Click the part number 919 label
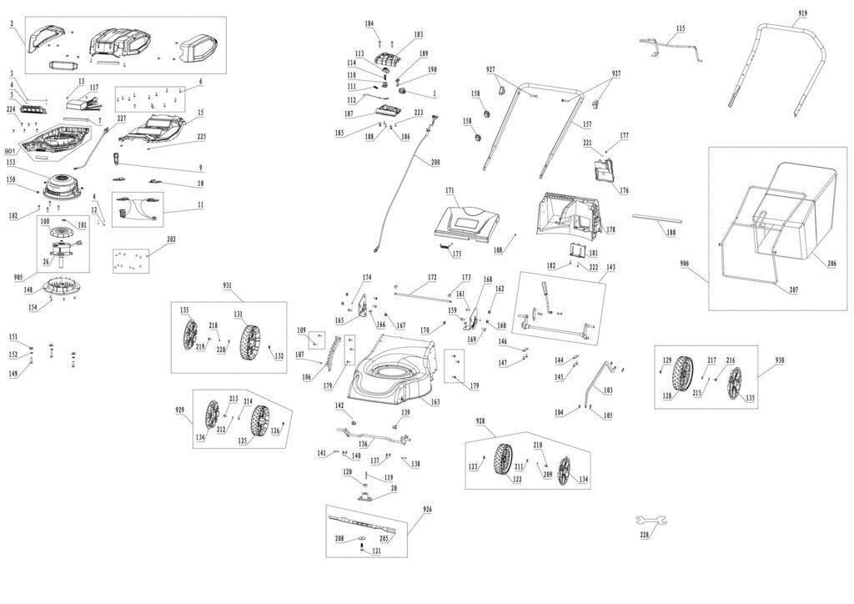coord(802,13)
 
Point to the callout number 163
coord(435,402)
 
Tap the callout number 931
coord(228,284)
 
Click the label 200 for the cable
coord(435,162)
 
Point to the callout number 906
coord(685,264)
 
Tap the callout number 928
coord(480,420)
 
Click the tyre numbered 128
coord(685,378)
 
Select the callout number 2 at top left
coord(12,23)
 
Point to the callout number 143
coord(611,267)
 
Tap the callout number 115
coord(681,28)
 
